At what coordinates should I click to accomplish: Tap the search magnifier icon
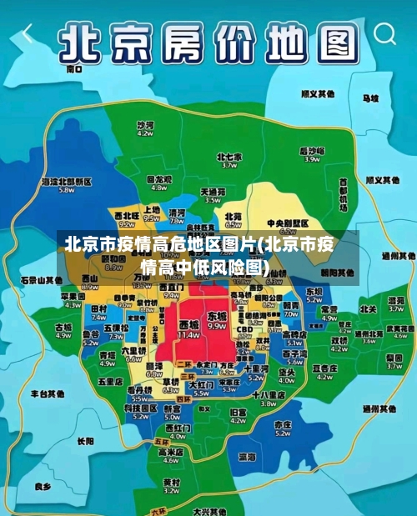[384, 34]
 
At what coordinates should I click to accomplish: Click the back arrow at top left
[28, 34]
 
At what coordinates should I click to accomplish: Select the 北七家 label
[229, 156]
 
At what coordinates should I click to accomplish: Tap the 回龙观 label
[158, 178]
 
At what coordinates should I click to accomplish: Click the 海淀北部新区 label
[66, 181]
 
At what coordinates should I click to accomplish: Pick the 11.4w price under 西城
[189, 334]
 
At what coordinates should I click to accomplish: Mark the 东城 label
[217, 317]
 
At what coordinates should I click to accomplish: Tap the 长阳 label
[85, 441]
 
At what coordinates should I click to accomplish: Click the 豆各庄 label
[324, 368]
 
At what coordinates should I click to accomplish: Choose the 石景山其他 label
[41, 279]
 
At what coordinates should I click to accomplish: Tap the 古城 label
[63, 328]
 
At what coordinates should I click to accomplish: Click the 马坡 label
[369, 98]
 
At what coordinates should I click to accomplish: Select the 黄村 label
[171, 481]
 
